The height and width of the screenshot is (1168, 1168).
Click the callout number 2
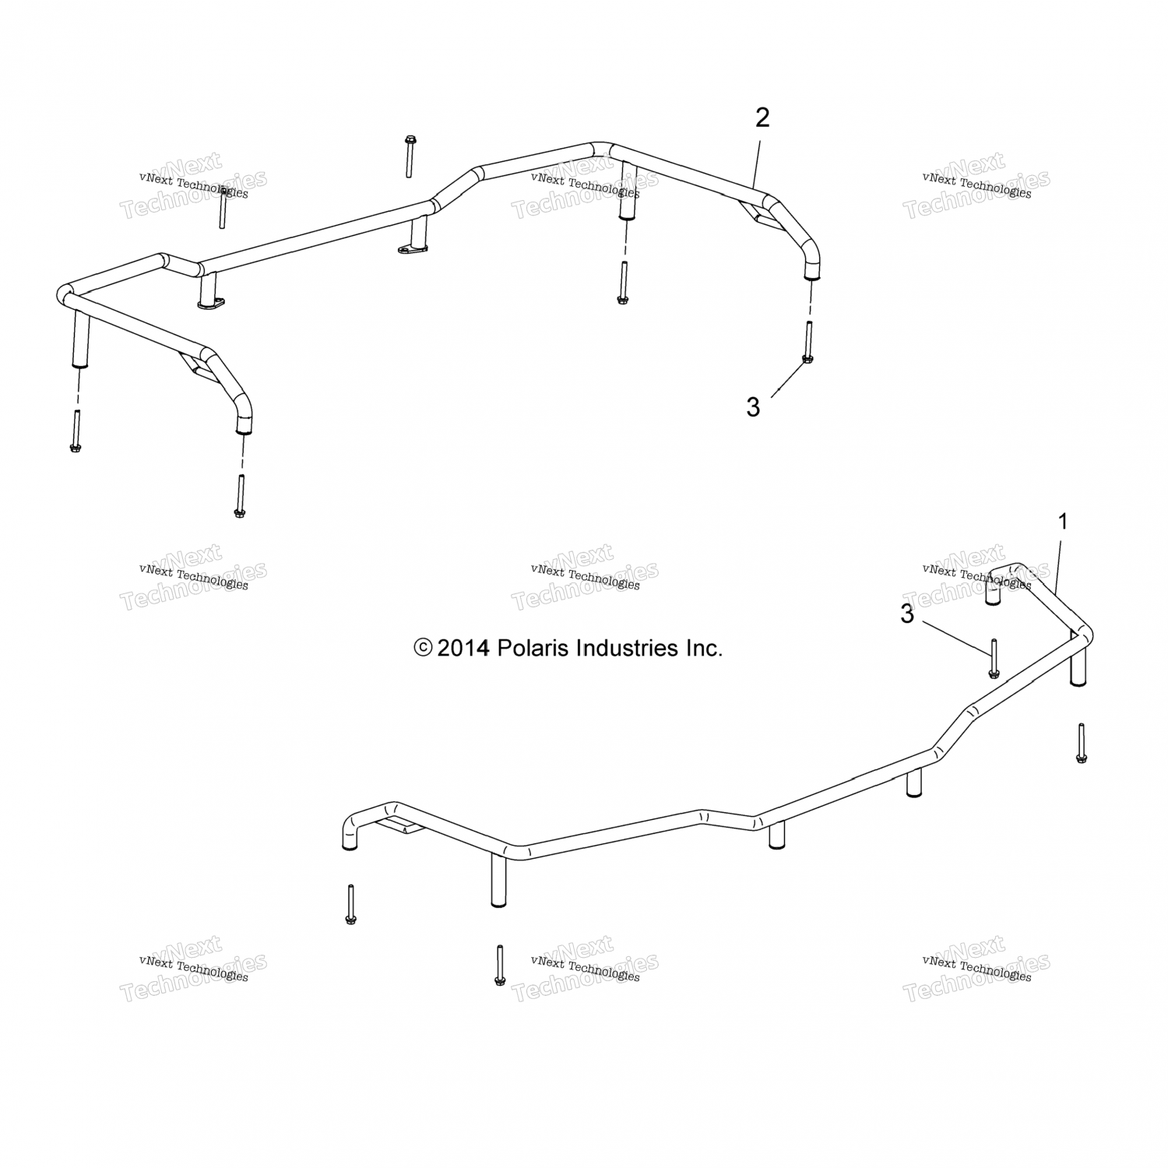[762, 118]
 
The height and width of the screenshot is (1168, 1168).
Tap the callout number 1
[1063, 522]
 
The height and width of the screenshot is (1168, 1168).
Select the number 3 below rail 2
[753, 407]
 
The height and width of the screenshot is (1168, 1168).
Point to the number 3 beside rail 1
[907, 614]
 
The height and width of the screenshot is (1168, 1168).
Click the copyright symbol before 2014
[423, 648]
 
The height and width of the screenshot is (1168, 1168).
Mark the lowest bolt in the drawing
[499, 966]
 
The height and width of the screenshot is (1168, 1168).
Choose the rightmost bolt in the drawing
[1081, 743]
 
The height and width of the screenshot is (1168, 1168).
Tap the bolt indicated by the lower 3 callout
[994, 658]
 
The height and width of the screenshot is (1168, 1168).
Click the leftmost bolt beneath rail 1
[350, 905]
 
